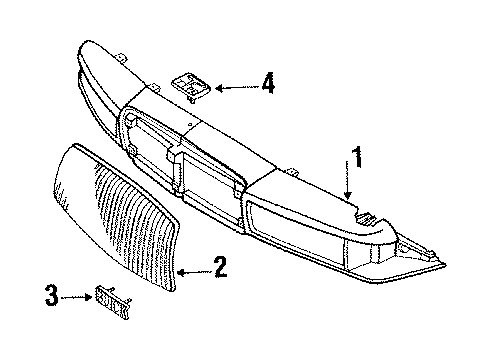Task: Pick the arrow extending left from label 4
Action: coord(235,88)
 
